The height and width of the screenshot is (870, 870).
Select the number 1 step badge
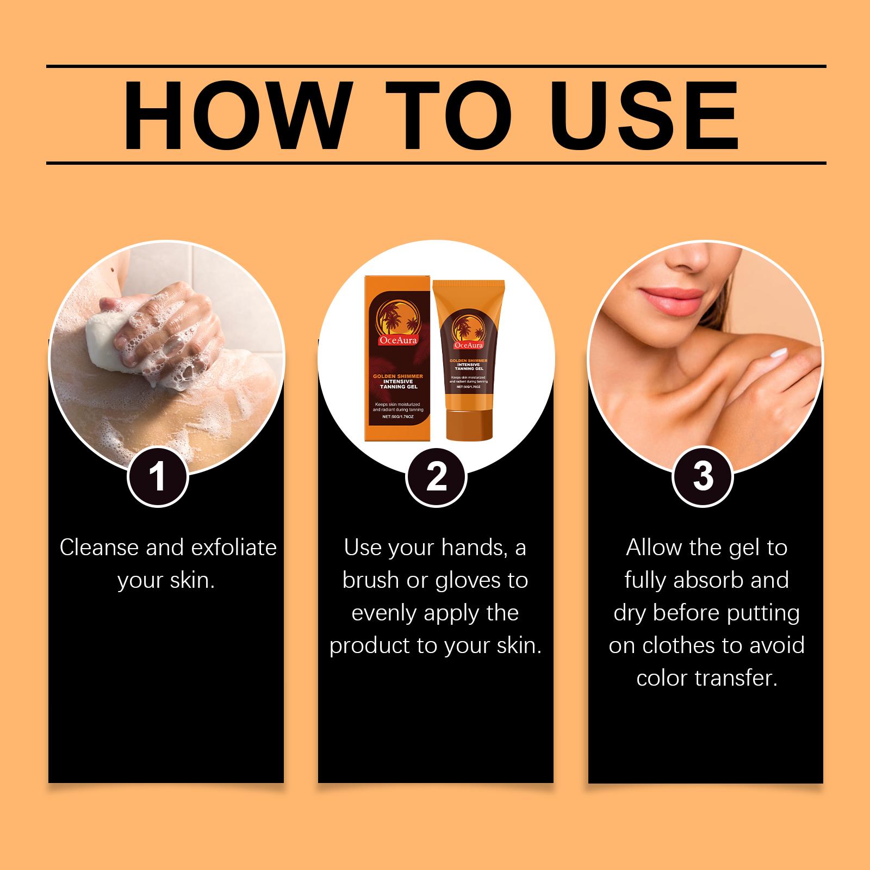pos(158,477)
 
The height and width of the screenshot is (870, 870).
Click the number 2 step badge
pos(436,477)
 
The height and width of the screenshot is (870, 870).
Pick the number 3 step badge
pos(703,477)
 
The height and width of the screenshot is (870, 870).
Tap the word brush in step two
pos(372,580)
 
